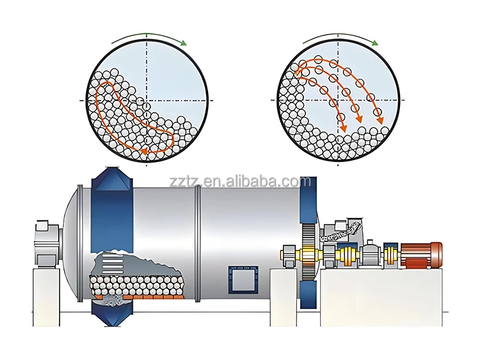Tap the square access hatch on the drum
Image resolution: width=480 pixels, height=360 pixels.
point(240,281)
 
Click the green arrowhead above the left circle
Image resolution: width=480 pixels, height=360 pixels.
point(184,43)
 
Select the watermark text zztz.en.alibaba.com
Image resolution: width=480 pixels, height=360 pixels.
point(240,182)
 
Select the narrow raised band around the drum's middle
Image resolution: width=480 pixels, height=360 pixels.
point(197,243)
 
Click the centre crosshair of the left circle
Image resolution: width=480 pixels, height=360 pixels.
point(147,101)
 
